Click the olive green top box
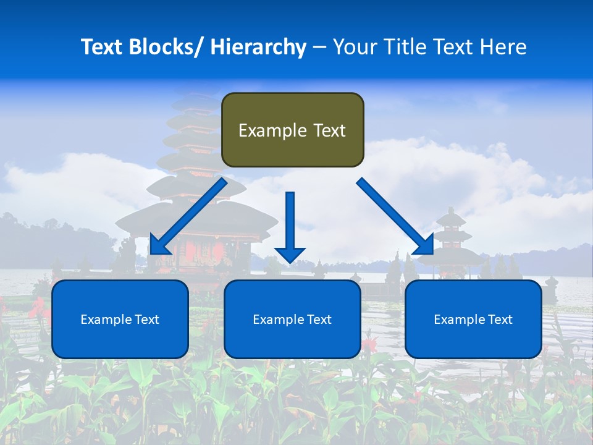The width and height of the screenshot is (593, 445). coord(292,130)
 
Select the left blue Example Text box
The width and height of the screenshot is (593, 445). coord(120,319)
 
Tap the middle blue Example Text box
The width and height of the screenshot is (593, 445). coord(292,319)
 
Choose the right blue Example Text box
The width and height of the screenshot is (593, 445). coord(473,319)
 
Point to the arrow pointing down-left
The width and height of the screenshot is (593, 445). coord(188,216)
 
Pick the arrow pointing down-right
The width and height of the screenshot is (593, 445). coord(395,216)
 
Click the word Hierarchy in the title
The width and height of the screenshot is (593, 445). coord(258,47)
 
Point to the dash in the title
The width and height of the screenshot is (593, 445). coord(319,47)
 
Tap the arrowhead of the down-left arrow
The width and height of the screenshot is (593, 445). coord(159,245)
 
